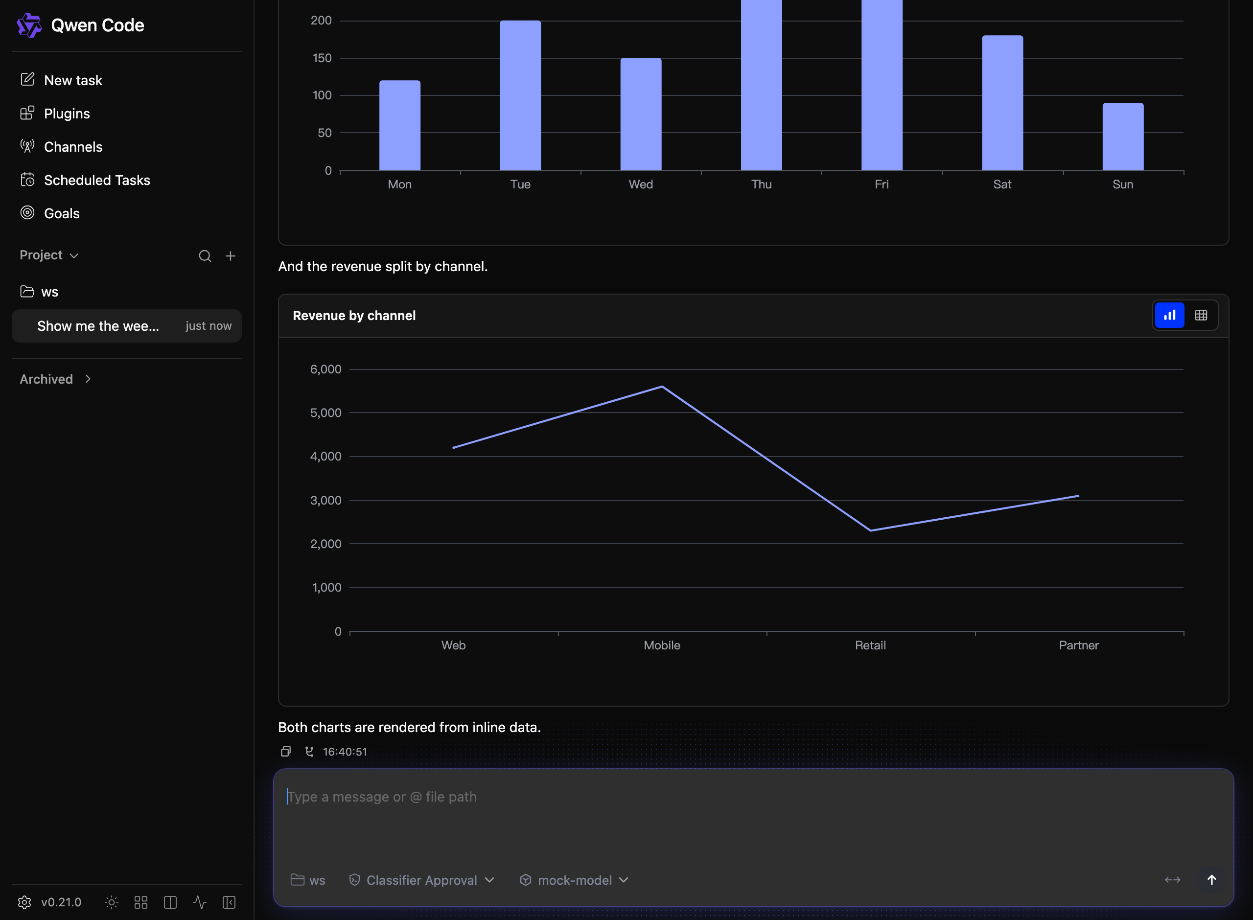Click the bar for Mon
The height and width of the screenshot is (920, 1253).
(x=400, y=125)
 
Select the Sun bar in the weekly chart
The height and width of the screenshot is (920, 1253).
(x=1123, y=137)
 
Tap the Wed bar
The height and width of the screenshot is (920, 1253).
(x=641, y=114)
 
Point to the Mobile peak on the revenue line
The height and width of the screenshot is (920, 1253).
(x=662, y=387)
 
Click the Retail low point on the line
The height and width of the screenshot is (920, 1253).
(x=870, y=530)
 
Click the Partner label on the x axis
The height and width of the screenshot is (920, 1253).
(x=1079, y=645)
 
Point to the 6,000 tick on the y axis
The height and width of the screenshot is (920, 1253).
(x=326, y=369)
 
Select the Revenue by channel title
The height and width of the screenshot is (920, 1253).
(x=354, y=316)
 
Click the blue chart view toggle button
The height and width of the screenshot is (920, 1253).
(x=1169, y=315)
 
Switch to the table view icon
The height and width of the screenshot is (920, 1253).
(x=1201, y=315)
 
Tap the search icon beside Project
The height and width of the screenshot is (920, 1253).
(x=205, y=255)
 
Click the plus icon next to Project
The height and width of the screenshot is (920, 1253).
(x=231, y=255)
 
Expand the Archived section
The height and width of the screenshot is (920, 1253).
(x=55, y=379)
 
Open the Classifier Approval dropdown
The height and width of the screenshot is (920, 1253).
(x=421, y=880)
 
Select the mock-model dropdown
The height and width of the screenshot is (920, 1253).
(x=574, y=880)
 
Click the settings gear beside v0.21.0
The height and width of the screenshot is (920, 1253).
(x=24, y=902)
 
